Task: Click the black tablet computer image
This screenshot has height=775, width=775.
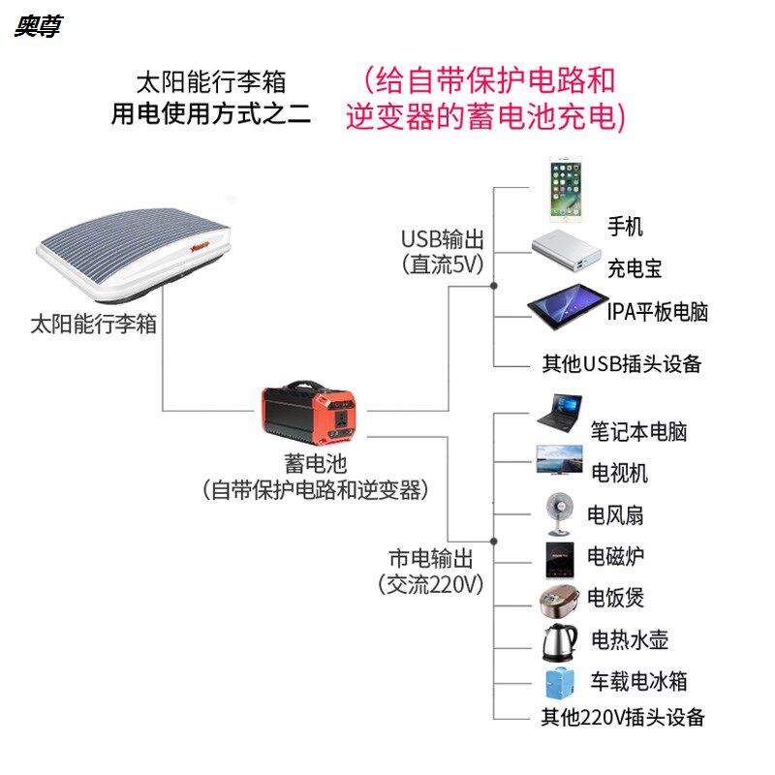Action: coord(567,309)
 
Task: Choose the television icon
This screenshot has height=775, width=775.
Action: coord(560,460)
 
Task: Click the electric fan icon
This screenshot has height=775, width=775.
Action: coord(560,513)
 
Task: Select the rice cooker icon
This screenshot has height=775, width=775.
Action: coord(560,599)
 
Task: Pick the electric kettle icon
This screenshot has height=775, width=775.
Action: coord(560,639)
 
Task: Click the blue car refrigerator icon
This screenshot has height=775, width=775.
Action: coord(560,680)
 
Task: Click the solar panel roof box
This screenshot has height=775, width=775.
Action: coord(136,252)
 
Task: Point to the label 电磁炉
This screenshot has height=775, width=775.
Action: coord(616,557)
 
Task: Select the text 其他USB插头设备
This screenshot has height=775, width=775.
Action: coord(622,364)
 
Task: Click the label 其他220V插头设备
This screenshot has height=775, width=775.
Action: coord(623,718)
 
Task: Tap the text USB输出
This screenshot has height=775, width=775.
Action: coord(443,239)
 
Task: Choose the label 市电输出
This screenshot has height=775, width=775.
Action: coord(431,559)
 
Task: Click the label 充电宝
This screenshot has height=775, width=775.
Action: coord(635,269)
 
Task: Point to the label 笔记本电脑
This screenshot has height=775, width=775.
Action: coord(639,431)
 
